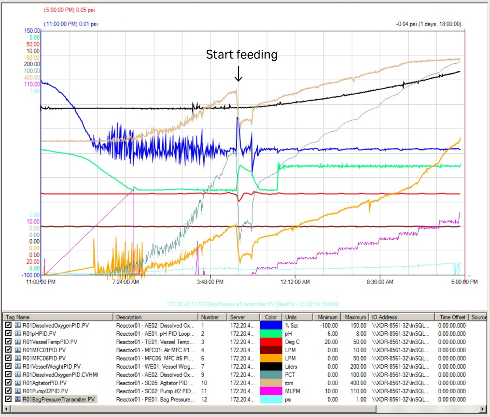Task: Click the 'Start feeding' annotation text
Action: coord(241,55)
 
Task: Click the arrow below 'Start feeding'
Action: coord(238,74)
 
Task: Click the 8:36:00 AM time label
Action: coord(378,282)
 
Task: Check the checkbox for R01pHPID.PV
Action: coord(9,333)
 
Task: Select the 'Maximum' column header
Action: coord(355,317)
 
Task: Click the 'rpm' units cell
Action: coord(290,383)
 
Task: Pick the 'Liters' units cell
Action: coord(292,366)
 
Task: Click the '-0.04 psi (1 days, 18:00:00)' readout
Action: coord(428,24)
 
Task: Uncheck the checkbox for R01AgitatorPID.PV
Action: coord(9,383)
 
